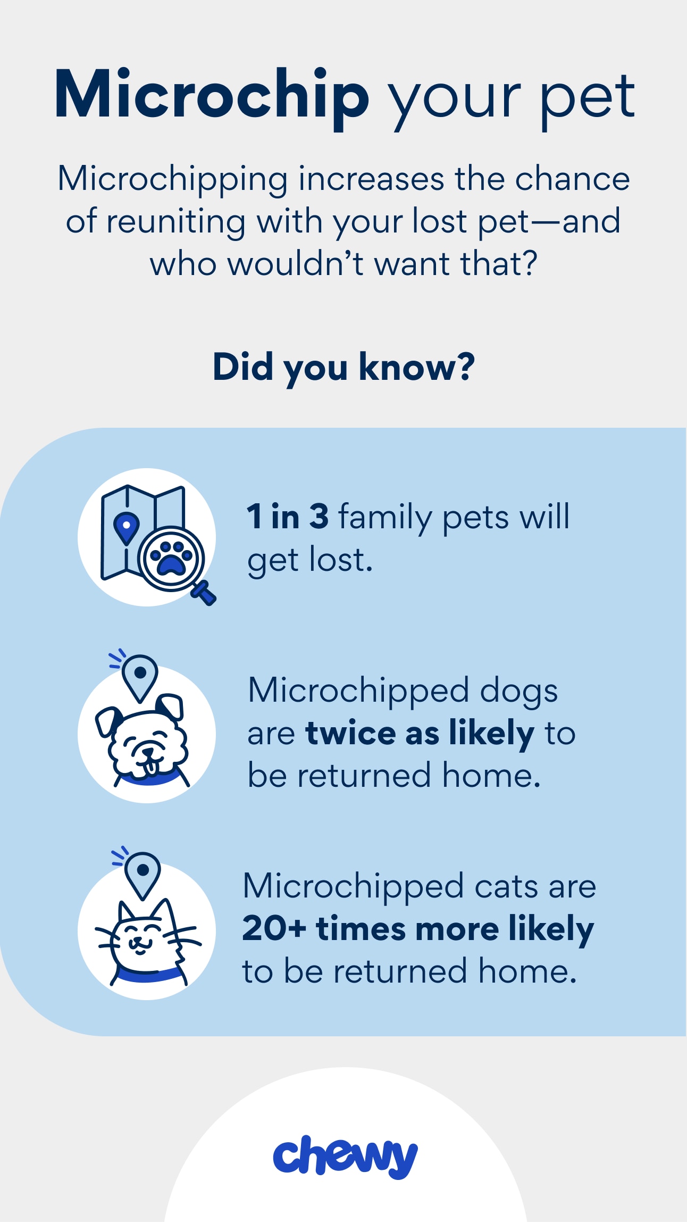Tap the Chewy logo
[345, 1157]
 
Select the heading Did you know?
[343, 368]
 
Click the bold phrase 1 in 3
[288, 516]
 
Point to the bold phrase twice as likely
[420, 734]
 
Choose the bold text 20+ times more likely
[418, 929]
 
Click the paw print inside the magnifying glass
[171, 558]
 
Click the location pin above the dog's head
[140, 677]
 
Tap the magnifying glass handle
[204, 593]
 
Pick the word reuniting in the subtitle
[176, 222]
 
